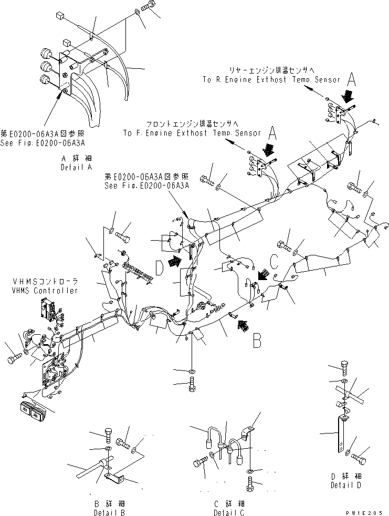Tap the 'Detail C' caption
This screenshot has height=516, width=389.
[x=228, y=512]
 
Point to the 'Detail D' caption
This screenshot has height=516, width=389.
[x=345, y=485]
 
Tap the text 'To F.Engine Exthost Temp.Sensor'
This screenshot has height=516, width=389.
[x=192, y=133]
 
